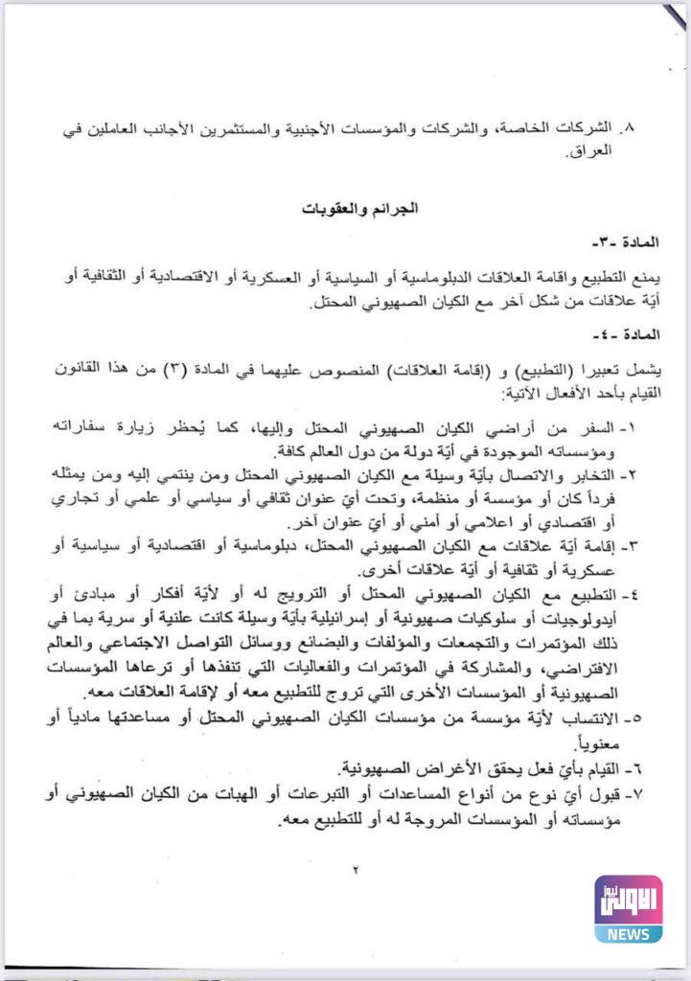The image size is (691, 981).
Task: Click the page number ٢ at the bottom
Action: click(x=354, y=870)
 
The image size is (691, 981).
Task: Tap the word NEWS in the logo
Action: click(x=628, y=933)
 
